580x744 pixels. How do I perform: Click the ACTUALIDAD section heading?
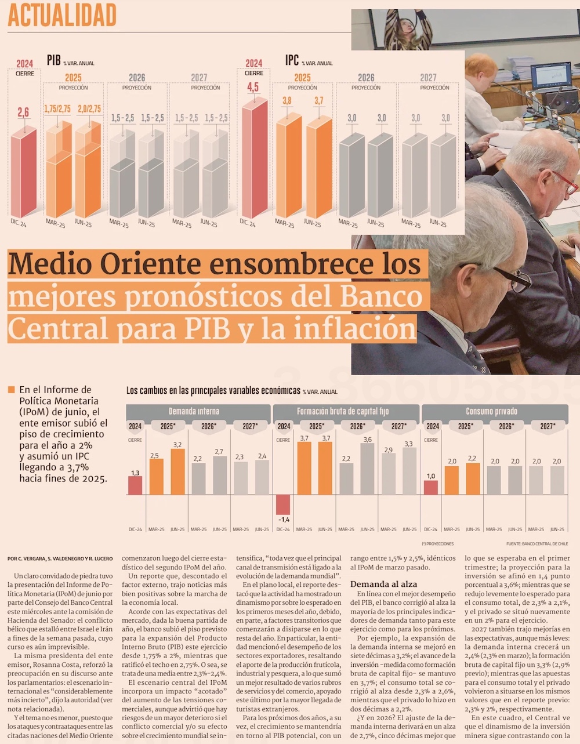tap(62, 16)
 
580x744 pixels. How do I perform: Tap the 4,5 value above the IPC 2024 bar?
tap(253, 88)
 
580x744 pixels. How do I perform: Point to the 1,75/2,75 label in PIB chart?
tap(57, 109)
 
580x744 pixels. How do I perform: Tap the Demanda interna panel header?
tap(194, 411)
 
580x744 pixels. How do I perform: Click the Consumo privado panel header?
tap(491, 411)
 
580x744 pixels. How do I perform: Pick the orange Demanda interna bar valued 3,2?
tap(177, 471)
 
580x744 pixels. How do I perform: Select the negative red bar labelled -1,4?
tap(283, 505)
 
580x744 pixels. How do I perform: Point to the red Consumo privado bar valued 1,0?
tap(431, 488)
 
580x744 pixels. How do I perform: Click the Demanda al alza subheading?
tap(383, 584)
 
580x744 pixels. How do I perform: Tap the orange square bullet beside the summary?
tap(11, 390)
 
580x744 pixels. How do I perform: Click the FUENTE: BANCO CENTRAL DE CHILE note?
tap(536, 544)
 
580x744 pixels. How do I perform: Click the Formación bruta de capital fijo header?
tap(342, 411)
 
